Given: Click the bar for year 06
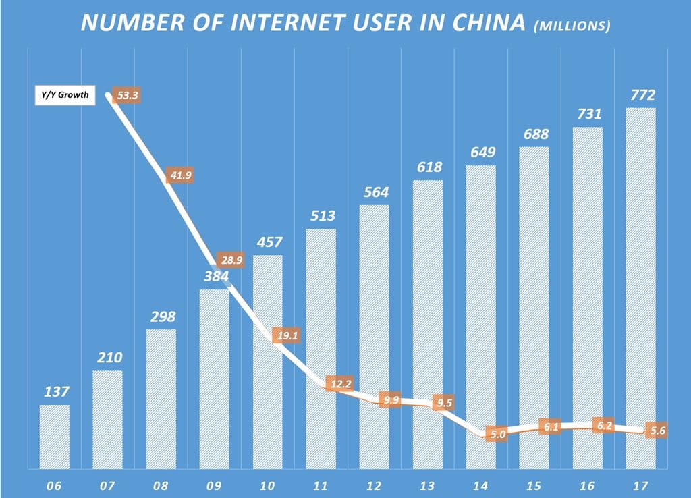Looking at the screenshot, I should [x=54, y=436].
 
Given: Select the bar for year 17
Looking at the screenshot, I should [x=640, y=287].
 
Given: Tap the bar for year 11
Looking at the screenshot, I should [x=321, y=348].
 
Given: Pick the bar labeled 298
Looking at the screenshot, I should [x=161, y=398].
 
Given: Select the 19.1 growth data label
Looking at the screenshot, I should [x=285, y=334].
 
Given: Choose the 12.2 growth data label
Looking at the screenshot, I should [x=339, y=384].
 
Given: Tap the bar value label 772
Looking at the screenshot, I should [x=640, y=95].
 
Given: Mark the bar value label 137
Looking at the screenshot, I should [x=55, y=391].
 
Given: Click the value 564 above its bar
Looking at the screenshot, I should [x=375, y=192].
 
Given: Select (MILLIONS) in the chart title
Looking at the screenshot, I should [x=572, y=26].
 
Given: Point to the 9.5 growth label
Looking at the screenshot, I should [x=445, y=404].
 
